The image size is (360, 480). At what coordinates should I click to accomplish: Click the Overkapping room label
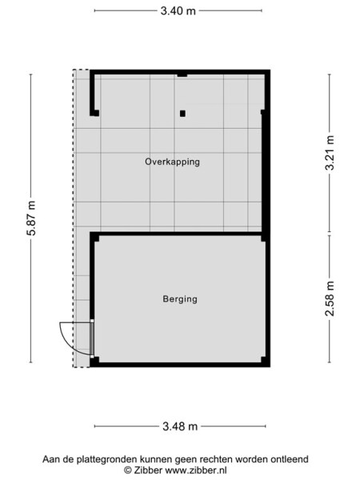point(172,162)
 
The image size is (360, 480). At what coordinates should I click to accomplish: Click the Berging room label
point(179,299)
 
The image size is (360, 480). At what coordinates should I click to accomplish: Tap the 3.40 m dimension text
point(178,10)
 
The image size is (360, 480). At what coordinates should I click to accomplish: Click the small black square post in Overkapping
point(182,113)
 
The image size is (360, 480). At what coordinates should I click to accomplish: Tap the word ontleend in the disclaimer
point(290,460)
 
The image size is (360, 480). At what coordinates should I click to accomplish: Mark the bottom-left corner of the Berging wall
point(94,363)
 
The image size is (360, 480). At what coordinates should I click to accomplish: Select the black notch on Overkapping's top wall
point(182,74)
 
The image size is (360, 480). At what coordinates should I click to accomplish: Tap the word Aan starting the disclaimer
point(51,460)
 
